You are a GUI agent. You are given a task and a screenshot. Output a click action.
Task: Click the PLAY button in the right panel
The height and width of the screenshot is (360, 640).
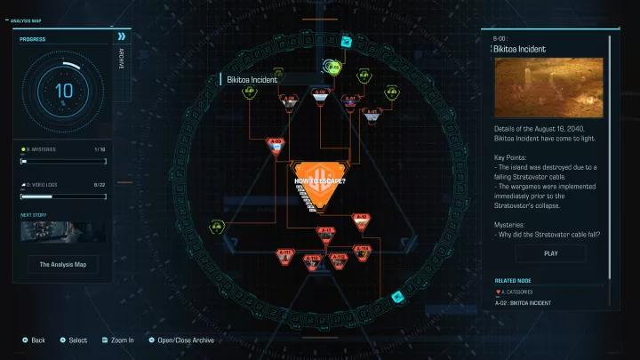pos(550,253)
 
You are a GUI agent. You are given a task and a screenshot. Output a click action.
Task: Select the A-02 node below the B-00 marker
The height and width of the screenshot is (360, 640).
pos(320,95)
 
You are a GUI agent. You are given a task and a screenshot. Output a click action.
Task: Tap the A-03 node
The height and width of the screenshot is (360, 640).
pos(276,144)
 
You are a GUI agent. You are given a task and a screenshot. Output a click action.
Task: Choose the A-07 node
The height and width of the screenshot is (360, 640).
pos(350,101)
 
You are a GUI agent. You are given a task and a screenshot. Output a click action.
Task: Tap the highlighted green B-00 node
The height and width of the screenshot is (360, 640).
pos(332,66)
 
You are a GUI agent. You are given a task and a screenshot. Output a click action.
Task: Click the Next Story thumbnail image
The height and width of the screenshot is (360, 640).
pos(63,232)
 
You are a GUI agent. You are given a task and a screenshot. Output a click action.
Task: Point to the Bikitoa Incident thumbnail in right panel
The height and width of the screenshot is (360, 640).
pos(548,87)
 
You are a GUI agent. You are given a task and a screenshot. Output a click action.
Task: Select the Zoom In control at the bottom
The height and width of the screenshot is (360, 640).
pos(119,340)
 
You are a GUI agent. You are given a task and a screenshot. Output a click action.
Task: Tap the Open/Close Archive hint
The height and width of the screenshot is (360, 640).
pos(183,340)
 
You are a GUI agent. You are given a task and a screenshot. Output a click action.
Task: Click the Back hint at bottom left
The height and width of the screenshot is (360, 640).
pos(33,340)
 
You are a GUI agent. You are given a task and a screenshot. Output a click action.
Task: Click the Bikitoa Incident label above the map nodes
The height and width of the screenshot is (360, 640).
pos(253,79)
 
